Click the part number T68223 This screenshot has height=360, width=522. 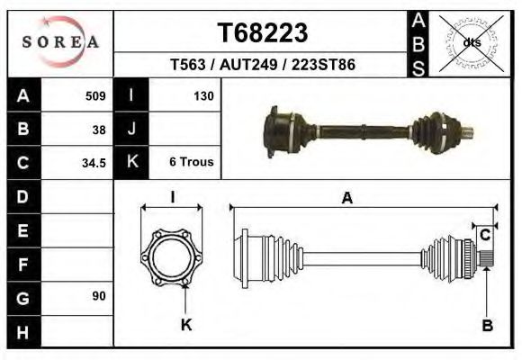tap(263, 32)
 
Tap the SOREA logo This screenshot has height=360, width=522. tap(60, 41)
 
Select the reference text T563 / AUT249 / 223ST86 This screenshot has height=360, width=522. tap(262, 65)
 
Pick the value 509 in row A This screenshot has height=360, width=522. tap(95, 95)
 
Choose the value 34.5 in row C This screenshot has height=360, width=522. tap(94, 163)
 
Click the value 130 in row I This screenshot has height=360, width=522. tap(202, 95)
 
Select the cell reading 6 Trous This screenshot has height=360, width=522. tap(191, 162)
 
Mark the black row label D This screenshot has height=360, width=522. tap(22, 196)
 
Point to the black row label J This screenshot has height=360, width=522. tap(131, 129)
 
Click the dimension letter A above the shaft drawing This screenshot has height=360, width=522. tap(346, 199)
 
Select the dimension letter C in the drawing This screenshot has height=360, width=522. tap(484, 236)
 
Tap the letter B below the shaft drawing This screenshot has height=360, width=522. tap(487, 326)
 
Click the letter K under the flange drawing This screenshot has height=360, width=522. tap(186, 325)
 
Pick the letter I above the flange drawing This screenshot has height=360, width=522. tap(172, 198)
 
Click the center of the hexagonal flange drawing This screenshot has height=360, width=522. tap(172, 255)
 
